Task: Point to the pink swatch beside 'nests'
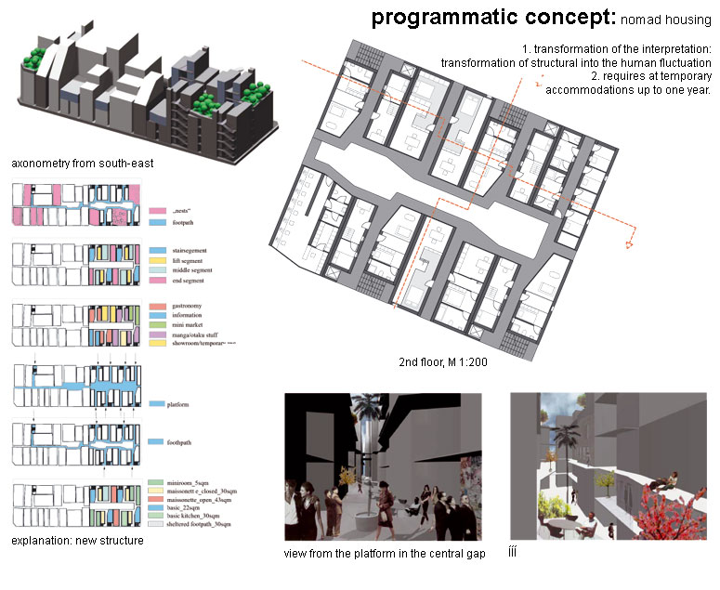pos(156,212)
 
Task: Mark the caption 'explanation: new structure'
pos(77,541)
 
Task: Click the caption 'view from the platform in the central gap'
pos(385,555)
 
